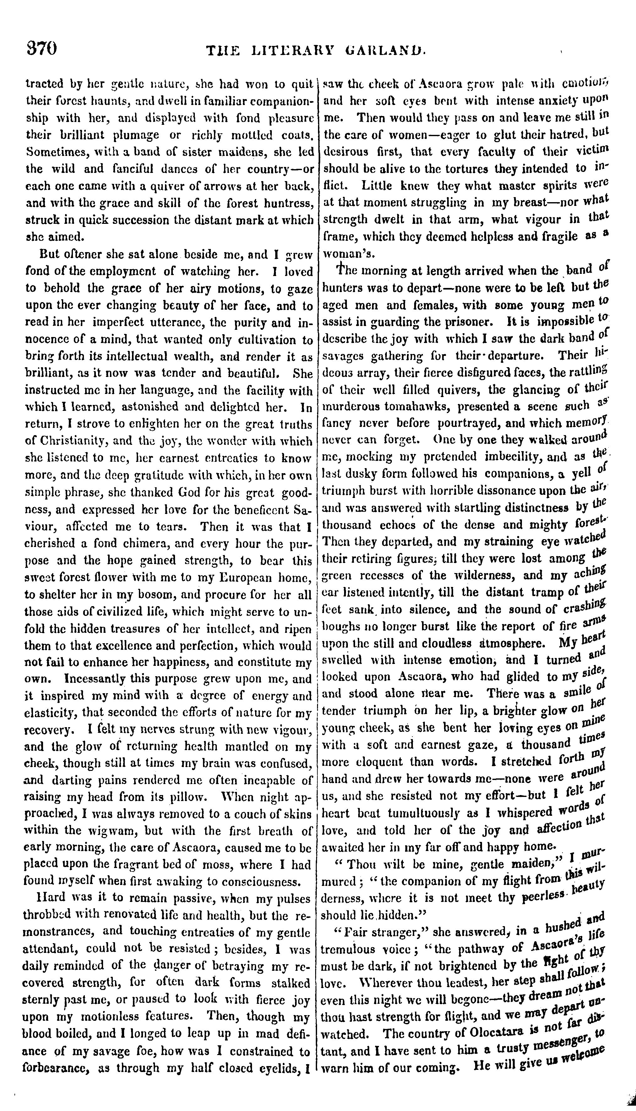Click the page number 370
pyautogui.click(x=42, y=48)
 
